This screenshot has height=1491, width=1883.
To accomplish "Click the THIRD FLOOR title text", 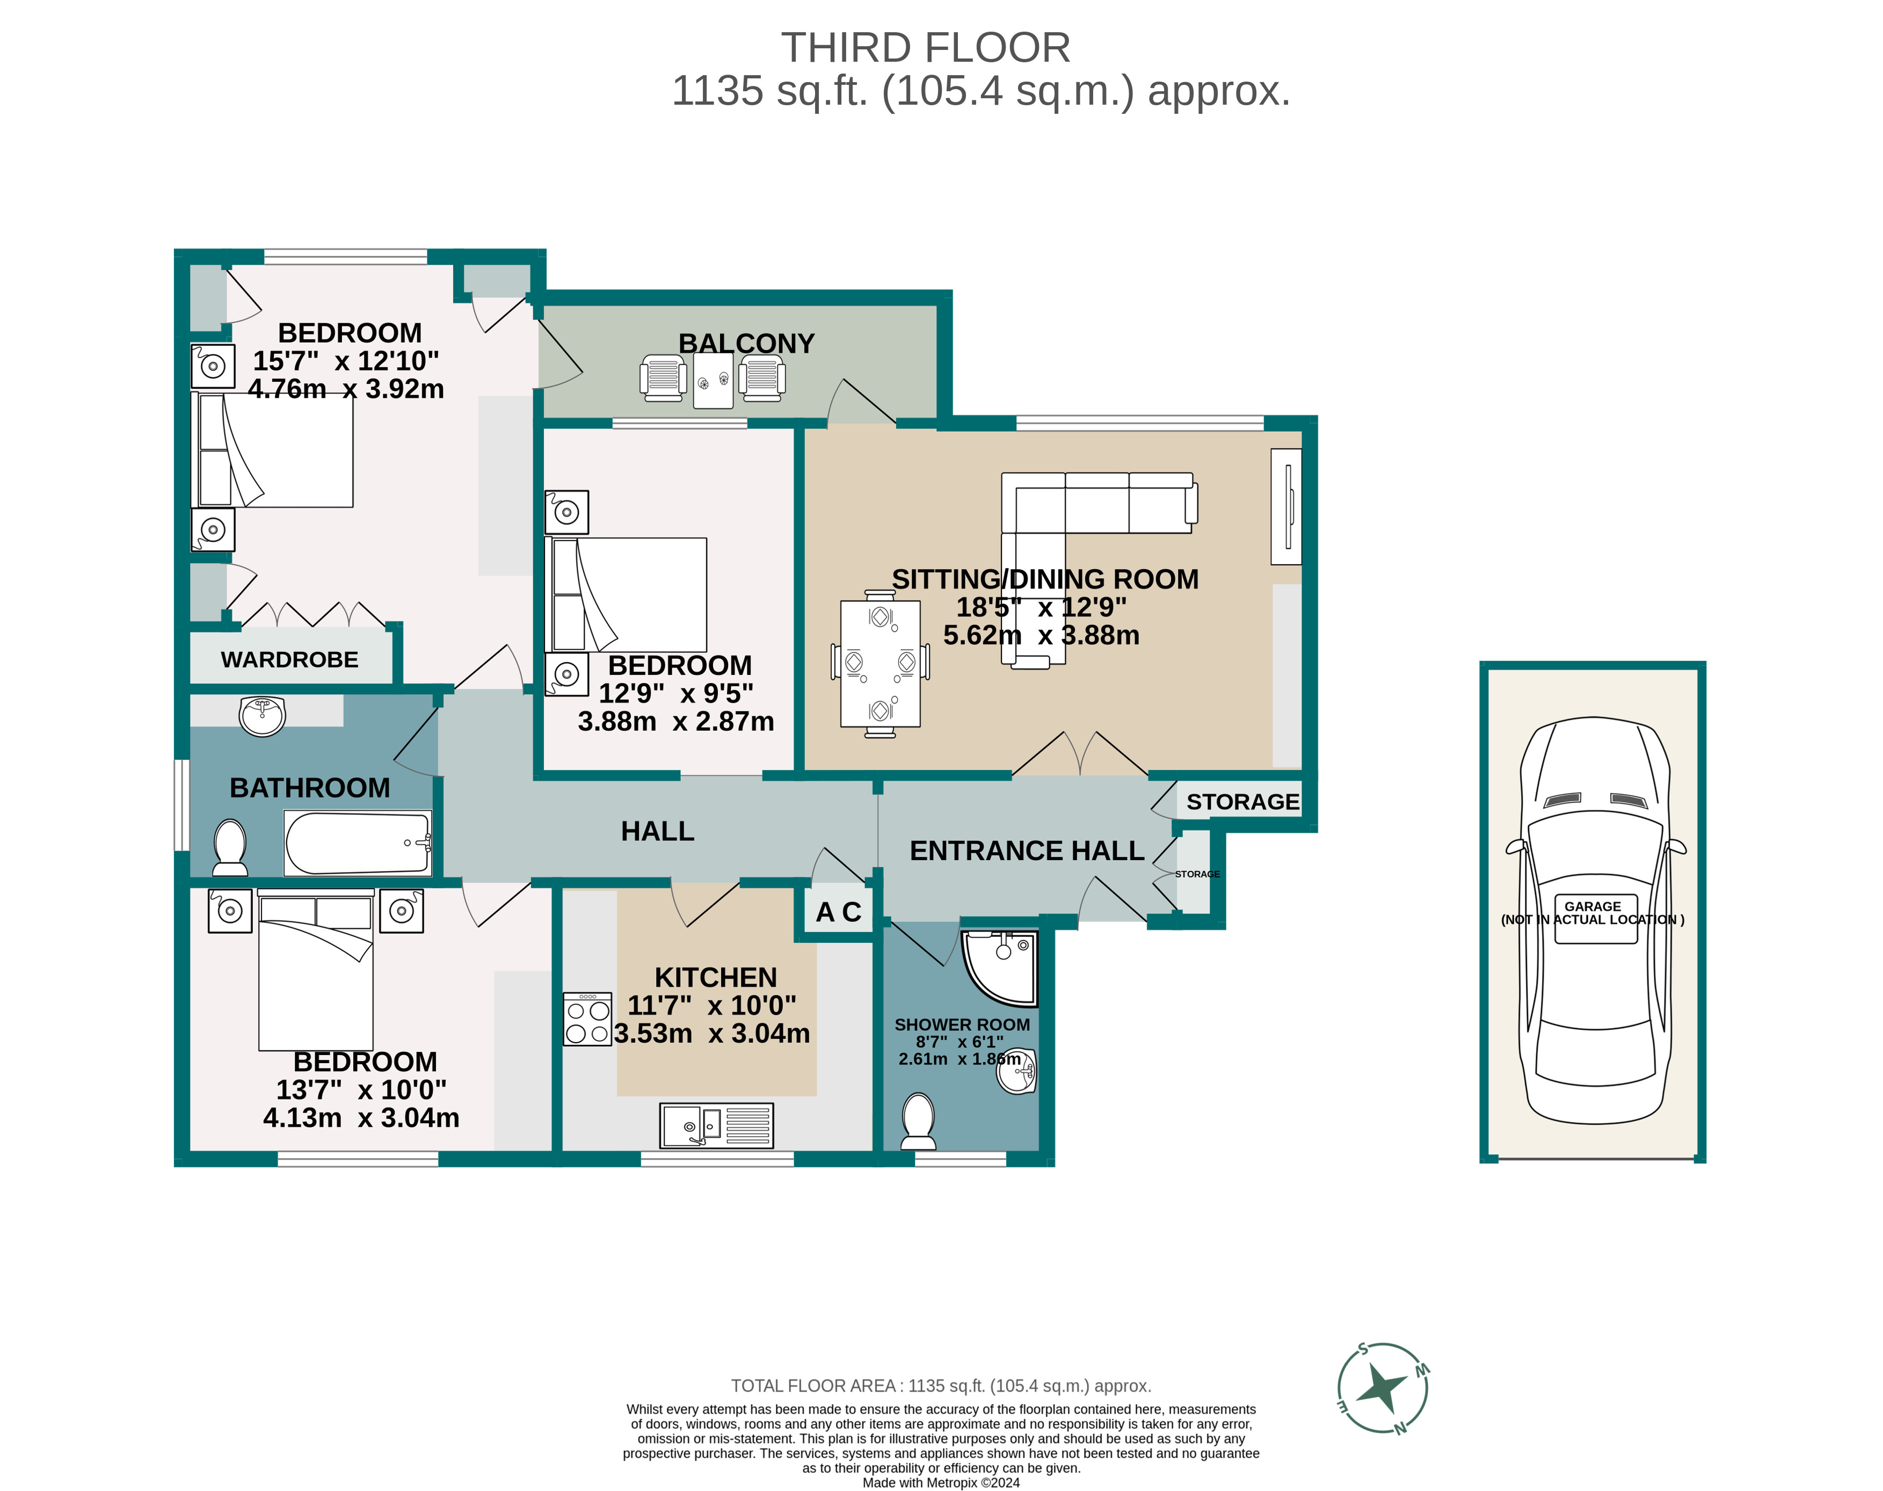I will pyautogui.click(x=925, y=48).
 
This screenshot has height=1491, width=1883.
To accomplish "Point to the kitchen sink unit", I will pyautogui.click(x=716, y=1125).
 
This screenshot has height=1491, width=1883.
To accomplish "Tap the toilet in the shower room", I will pyautogui.click(x=918, y=1122).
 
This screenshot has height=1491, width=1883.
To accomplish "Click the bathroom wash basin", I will pyautogui.click(x=262, y=716).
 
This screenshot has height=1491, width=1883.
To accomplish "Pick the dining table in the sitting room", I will pyautogui.click(x=880, y=664).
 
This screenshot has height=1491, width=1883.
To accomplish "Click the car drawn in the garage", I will pyautogui.click(x=1594, y=921).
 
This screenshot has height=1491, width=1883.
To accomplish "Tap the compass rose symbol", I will pyautogui.click(x=1382, y=1388).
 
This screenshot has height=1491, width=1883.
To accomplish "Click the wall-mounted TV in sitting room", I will pyautogui.click(x=1287, y=506).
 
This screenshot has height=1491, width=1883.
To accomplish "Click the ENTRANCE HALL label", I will pyautogui.click(x=1027, y=850).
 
